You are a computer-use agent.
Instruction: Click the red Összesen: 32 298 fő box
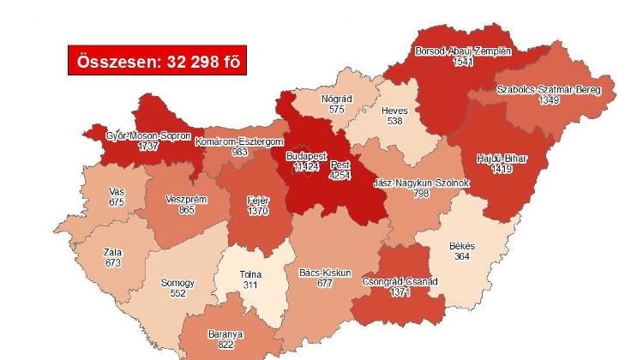(152, 61)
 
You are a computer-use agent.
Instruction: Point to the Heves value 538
(394, 122)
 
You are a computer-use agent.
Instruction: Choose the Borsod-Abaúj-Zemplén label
(463, 51)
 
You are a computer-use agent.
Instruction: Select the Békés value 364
(462, 258)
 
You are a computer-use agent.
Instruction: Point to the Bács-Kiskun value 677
(324, 284)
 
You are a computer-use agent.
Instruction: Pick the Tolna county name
(251, 274)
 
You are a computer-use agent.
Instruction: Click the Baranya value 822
(225, 345)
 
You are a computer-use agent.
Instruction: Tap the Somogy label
(178, 282)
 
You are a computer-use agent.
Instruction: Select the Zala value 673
(111, 262)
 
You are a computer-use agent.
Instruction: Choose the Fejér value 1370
(258, 211)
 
